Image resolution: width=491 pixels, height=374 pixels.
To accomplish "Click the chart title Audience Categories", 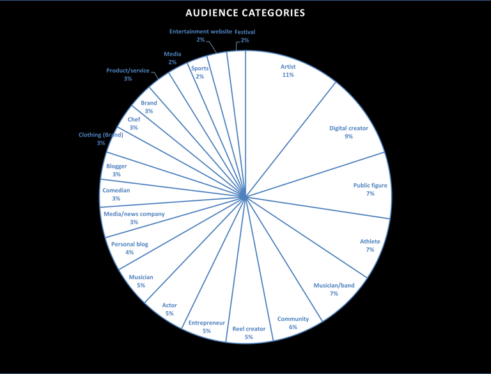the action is [245, 13].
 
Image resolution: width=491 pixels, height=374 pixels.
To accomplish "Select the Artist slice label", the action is [288, 66].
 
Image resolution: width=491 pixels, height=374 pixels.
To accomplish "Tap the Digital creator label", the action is [348, 128].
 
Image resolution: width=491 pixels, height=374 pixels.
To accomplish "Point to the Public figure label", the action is [370, 186].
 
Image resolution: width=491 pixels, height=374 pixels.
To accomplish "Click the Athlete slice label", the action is [370, 241].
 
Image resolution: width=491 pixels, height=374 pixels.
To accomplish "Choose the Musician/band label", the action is [334, 285].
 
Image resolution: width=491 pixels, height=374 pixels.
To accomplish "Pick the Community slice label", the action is [293, 319].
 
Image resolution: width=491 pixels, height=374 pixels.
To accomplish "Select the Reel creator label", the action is [249, 329].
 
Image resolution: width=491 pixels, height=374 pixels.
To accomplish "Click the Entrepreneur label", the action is [207, 323].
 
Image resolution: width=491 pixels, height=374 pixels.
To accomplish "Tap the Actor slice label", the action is [169, 305].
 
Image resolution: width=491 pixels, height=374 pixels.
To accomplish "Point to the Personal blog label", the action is [130, 244].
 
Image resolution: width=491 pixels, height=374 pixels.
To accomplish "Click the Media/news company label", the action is [134, 214].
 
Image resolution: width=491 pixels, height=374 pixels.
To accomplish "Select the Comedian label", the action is [116, 190].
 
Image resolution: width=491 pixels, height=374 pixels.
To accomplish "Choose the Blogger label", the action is [116, 167].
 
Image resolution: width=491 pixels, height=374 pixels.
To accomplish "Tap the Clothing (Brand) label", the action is [100, 135].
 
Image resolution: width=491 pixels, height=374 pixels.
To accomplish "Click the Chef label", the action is [134, 119].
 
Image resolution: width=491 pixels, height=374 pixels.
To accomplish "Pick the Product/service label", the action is [128, 70].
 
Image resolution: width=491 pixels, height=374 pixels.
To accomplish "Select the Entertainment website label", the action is [200, 31].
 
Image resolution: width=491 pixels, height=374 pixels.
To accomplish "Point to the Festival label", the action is [245, 32].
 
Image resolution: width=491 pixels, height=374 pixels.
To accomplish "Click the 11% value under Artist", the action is [288, 75].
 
